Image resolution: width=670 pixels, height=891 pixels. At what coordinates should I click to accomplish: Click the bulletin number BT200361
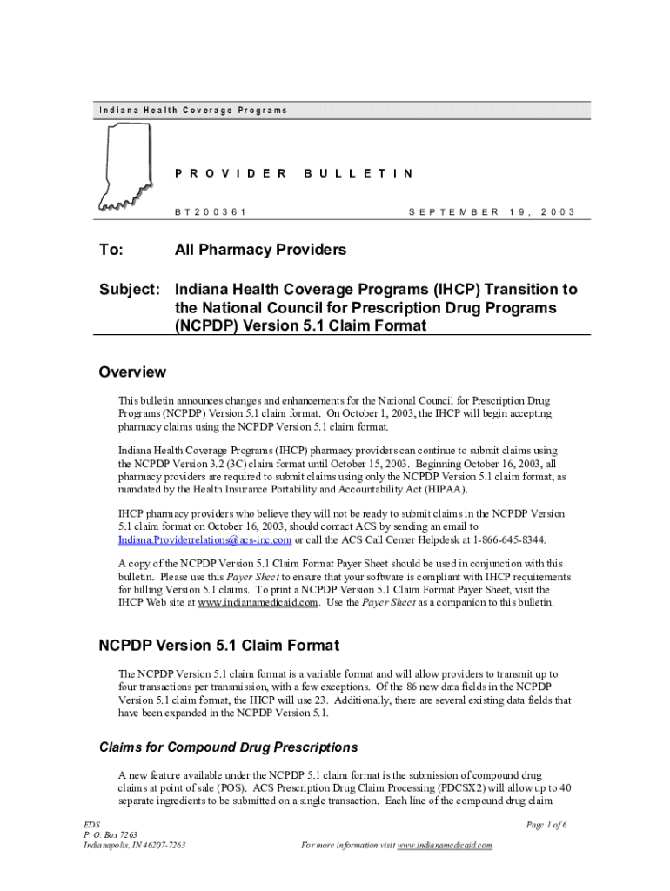click(x=211, y=211)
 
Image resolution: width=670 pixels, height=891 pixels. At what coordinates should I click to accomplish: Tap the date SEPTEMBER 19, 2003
click(x=491, y=211)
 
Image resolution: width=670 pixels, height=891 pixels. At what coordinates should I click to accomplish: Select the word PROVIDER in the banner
click(x=231, y=173)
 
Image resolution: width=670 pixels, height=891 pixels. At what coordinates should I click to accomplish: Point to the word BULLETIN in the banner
click(x=358, y=173)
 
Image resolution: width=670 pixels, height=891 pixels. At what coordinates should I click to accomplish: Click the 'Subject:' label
click(x=128, y=289)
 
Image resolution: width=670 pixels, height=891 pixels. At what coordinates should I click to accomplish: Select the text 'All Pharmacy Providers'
click(x=260, y=251)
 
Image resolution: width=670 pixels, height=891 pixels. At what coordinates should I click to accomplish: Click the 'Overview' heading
click(x=131, y=372)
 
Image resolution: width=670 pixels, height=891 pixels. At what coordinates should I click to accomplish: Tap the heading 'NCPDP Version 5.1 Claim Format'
click(x=218, y=646)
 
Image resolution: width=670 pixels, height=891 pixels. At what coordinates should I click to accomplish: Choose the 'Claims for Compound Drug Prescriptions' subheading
click(x=229, y=747)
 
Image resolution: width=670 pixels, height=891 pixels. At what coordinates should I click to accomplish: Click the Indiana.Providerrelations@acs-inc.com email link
click(x=204, y=539)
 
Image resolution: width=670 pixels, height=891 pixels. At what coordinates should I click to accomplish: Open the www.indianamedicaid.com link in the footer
click(x=445, y=845)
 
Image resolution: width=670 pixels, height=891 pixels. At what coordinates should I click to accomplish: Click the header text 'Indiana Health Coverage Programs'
click(x=192, y=111)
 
